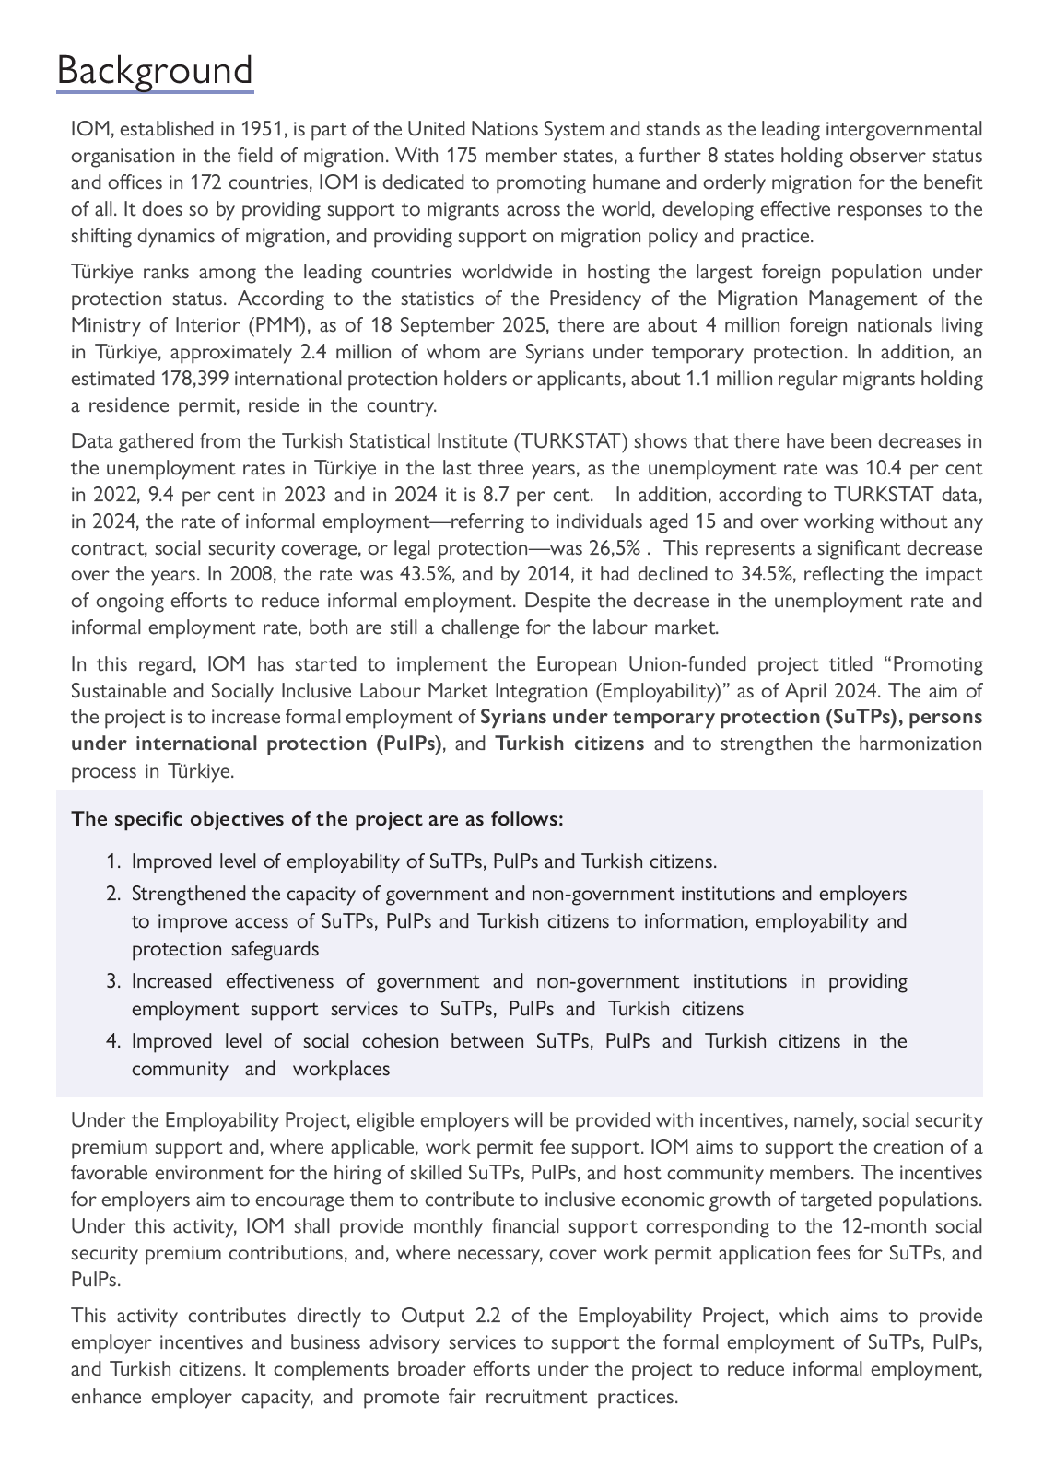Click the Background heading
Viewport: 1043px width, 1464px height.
tap(155, 71)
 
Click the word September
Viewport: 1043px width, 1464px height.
tap(442, 325)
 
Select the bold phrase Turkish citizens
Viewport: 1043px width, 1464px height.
tap(569, 744)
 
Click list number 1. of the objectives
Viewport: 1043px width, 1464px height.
tap(113, 861)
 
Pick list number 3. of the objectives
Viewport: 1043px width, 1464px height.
tap(113, 981)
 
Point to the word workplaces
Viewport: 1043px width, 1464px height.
tap(341, 1069)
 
